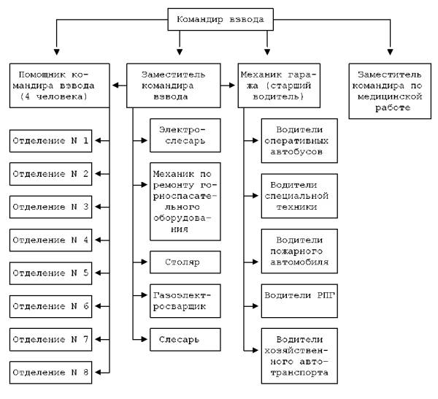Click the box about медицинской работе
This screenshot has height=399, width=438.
click(390, 91)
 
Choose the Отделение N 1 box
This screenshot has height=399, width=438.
click(50, 140)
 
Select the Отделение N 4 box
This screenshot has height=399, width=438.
click(50, 240)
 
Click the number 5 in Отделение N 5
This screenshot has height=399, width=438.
click(85, 273)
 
